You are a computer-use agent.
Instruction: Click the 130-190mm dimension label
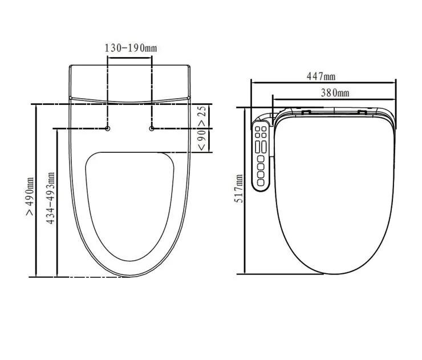[130, 48]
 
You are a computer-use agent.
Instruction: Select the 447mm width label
[322, 76]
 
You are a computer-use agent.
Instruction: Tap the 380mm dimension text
[334, 92]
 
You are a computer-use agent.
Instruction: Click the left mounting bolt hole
[108, 128]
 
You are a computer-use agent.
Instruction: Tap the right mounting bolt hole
[152, 128]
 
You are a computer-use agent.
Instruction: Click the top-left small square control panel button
[258, 131]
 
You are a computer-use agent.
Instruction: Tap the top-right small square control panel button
[265, 131]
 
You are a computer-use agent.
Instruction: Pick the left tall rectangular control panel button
[258, 146]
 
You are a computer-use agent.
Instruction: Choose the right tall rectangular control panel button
[265, 146]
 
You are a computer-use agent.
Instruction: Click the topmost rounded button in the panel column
[262, 160]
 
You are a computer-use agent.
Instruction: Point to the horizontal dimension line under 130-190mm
[130, 56]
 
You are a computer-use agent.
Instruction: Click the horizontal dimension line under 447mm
[323, 82]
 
